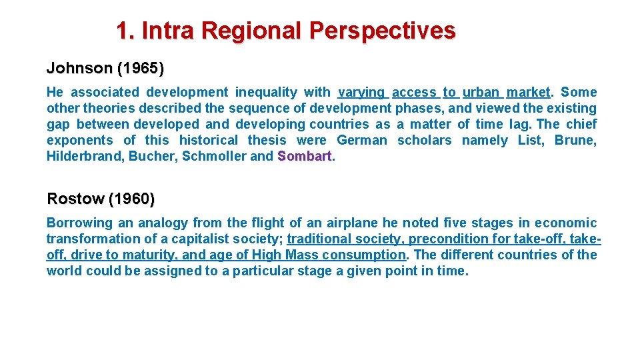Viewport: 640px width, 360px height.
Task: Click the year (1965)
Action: (x=140, y=68)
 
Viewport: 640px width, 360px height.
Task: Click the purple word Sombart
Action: (x=304, y=156)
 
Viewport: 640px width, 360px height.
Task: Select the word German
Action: (x=361, y=140)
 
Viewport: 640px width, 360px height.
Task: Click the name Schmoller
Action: (x=215, y=156)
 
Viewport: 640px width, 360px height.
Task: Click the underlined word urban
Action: (x=481, y=92)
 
